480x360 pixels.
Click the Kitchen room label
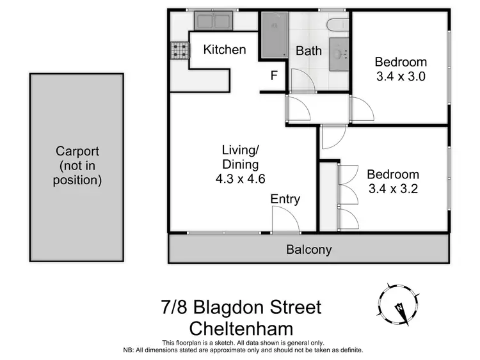pos(225,49)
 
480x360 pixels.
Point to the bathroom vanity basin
pos(339,50)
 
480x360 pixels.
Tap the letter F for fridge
pos(274,75)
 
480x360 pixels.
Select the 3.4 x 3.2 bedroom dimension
pos(392,189)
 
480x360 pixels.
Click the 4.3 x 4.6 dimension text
pos(240,179)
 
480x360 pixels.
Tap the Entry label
pos(285,199)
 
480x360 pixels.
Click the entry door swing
pos(285,220)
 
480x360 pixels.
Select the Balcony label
pos(309,249)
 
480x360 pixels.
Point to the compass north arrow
pos(399,306)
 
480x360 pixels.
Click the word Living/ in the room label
pos(240,151)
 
